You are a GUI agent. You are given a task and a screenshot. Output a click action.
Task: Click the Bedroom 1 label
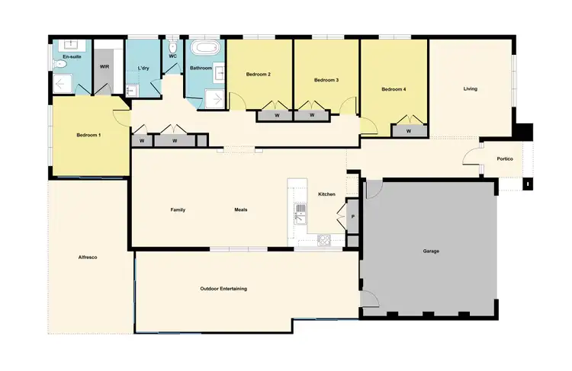[x=88, y=135]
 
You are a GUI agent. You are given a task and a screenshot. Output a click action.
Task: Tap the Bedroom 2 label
[x=259, y=75]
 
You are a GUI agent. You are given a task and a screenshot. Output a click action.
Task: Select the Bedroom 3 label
[x=326, y=80]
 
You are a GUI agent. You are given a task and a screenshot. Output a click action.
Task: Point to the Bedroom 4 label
[x=394, y=90]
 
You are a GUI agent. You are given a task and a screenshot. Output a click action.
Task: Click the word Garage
[x=431, y=251]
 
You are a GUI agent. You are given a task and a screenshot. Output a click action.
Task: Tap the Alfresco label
[x=88, y=257]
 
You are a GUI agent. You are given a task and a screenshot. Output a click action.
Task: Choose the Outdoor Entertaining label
[x=223, y=289]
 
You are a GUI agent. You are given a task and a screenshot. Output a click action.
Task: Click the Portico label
[x=504, y=158]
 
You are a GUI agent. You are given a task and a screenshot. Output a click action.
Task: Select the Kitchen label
[x=326, y=195]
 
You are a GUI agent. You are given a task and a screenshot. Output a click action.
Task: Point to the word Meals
[x=240, y=210]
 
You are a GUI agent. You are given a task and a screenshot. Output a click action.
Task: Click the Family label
[x=178, y=210]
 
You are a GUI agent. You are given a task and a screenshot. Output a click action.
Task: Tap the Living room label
[x=470, y=89]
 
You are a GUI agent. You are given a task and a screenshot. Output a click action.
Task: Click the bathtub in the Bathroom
[x=205, y=48]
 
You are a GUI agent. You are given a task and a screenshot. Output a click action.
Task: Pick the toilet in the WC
[x=174, y=46]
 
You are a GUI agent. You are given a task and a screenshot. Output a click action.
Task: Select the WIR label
[x=104, y=66]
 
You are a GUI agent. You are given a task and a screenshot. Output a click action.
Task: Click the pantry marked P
[x=352, y=217]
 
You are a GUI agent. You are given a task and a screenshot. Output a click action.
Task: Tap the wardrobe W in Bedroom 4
[x=408, y=131]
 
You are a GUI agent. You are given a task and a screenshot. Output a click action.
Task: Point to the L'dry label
[x=143, y=68]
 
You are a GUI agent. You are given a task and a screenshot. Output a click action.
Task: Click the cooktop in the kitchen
[x=323, y=241]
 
